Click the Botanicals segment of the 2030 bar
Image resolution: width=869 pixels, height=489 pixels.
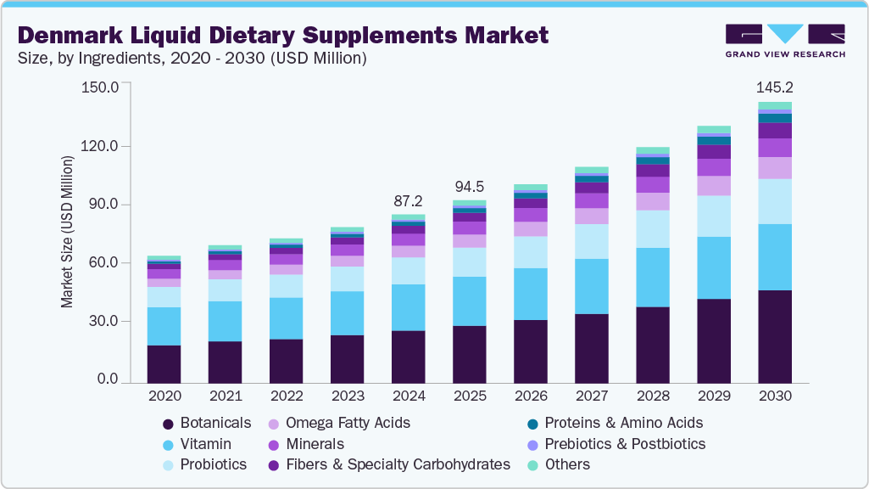point(775,336)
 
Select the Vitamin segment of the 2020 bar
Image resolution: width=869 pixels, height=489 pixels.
point(164,326)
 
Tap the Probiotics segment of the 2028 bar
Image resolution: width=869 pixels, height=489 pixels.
point(653,228)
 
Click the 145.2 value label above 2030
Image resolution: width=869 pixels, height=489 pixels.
point(775,87)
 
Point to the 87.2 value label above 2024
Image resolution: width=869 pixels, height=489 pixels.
point(408,201)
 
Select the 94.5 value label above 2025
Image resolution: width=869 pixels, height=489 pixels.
point(469,186)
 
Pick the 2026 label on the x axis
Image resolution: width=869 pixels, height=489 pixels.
point(530,396)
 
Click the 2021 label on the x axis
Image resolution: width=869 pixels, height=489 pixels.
point(225,396)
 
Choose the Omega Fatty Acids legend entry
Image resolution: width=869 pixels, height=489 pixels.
point(348,423)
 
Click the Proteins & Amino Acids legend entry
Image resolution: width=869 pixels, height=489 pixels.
point(623,423)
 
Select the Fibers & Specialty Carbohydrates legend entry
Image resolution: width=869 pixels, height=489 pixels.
point(398,464)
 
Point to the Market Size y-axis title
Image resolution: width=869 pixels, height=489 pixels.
point(67,231)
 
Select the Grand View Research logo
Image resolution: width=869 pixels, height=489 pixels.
point(785,40)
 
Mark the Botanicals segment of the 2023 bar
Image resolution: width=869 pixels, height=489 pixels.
point(347,359)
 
